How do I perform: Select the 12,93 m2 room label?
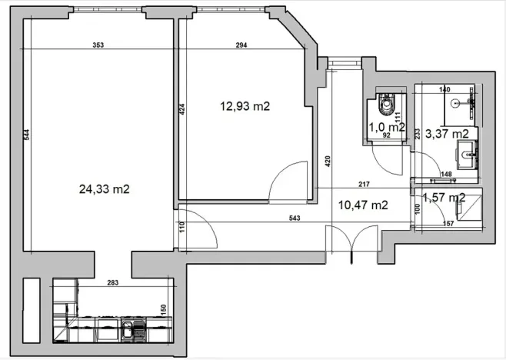pos(244,107)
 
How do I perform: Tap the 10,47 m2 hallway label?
pos(362,205)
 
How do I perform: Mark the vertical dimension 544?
pos(26,135)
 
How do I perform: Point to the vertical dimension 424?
pos(182,110)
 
